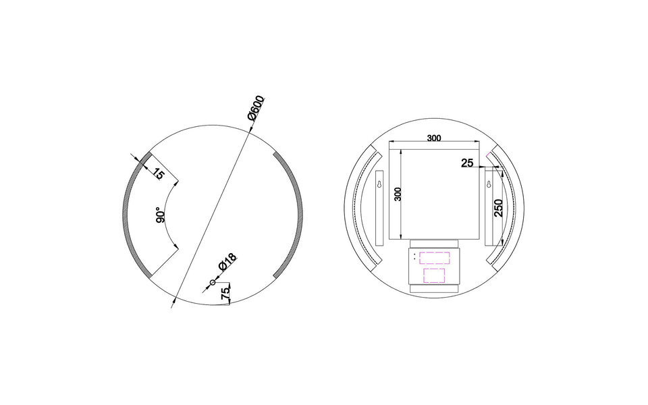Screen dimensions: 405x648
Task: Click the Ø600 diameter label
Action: click(256, 109)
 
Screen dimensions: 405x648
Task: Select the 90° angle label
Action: click(161, 215)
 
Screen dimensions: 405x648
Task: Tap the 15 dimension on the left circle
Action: click(158, 173)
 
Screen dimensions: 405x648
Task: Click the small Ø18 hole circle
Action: click(213, 282)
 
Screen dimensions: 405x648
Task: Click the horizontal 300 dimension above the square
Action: click(434, 138)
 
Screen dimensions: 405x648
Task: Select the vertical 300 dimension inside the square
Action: click(398, 194)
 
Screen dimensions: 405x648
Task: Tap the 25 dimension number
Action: click(467, 163)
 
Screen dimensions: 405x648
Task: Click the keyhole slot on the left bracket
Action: click(379, 184)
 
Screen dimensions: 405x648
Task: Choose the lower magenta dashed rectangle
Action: click(433, 275)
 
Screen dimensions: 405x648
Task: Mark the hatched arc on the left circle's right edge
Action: click(296, 215)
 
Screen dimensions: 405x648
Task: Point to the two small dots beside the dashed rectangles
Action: click(414, 258)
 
